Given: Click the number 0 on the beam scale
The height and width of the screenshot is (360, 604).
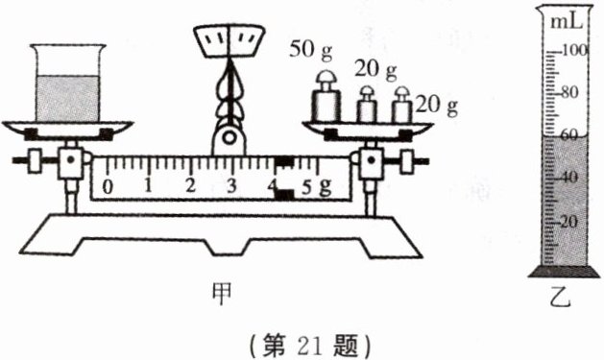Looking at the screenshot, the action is coord(109,184).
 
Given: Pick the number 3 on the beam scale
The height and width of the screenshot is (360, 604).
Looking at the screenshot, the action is coord(232,184).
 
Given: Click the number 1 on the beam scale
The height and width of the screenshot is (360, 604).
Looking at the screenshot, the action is coord(149,184).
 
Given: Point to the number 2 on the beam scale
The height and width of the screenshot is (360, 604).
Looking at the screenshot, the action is coord(191,184).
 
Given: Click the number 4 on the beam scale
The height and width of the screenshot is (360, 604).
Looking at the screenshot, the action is coord(273,185).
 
